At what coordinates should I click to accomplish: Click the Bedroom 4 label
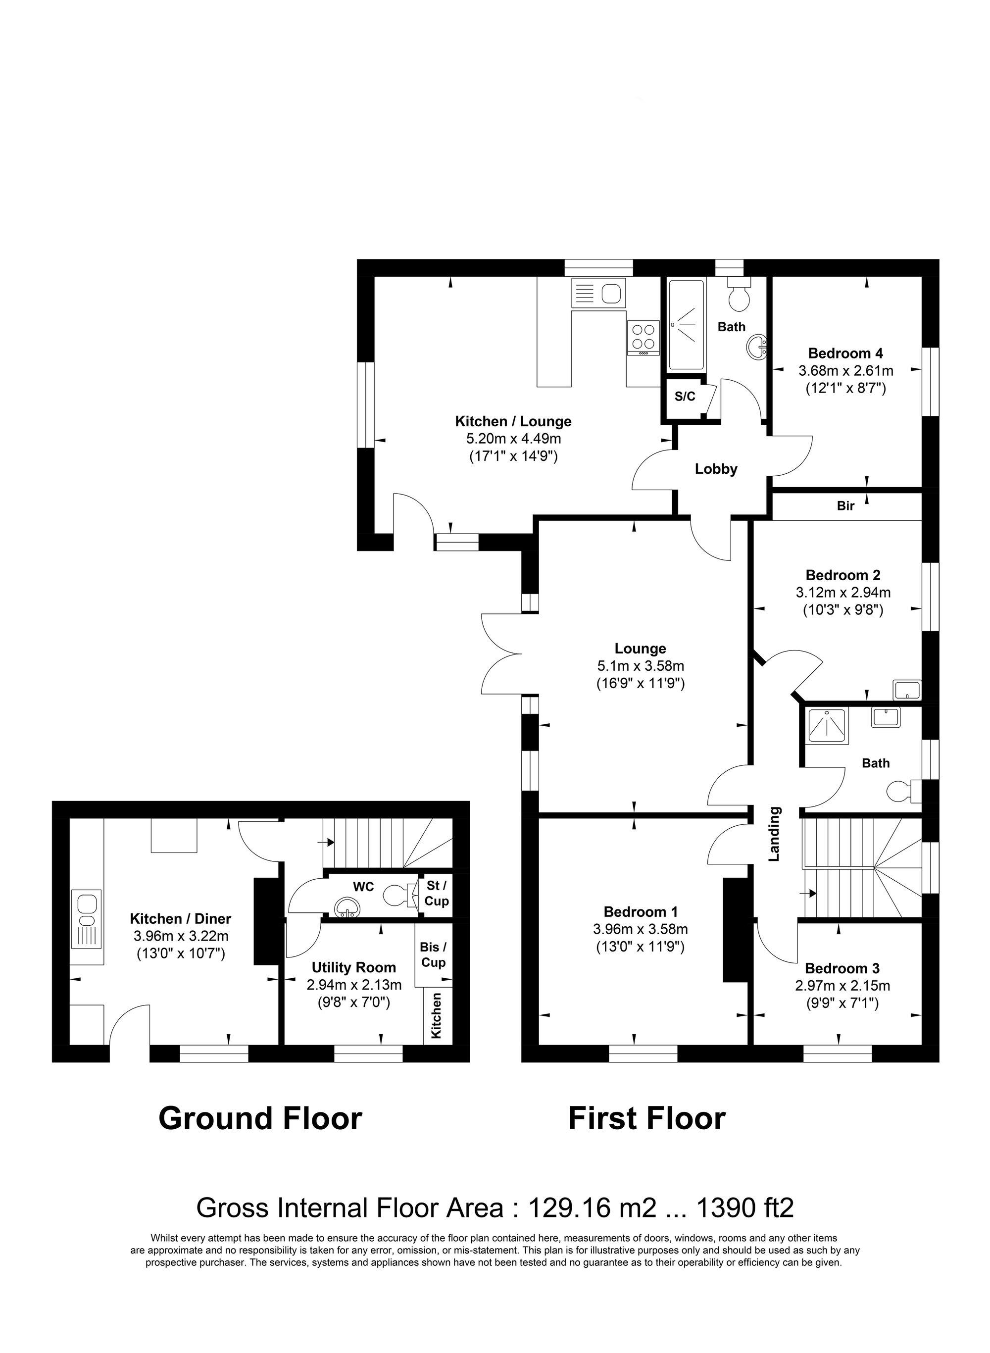(845, 353)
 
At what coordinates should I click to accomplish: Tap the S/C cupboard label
(685, 397)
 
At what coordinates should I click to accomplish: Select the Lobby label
(716, 469)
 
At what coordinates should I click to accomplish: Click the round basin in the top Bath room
(757, 347)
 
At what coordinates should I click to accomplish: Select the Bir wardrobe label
(845, 506)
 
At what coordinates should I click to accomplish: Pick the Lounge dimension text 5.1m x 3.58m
(640, 666)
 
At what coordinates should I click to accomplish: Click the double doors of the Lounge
(502, 654)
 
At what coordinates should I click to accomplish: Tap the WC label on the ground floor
(363, 886)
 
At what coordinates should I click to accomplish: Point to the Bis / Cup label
(433, 955)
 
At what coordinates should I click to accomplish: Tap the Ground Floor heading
(260, 1119)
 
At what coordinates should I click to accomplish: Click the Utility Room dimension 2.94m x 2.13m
(353, 985)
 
